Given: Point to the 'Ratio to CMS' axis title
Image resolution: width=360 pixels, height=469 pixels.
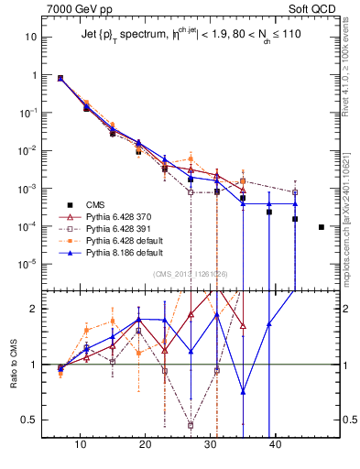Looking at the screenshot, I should [14, 365].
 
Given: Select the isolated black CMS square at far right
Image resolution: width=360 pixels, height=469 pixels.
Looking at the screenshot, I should [322, 226].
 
